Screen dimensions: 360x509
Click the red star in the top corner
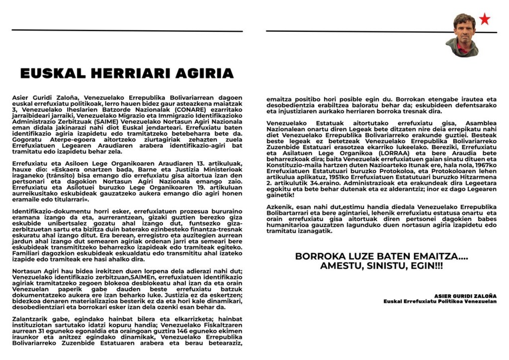[484, 19]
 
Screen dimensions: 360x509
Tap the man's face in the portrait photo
[465, 28]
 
